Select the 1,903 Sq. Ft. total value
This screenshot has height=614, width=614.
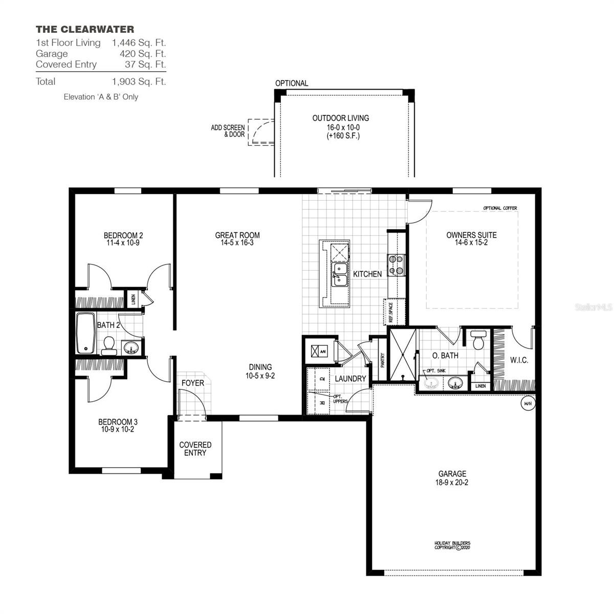tap(139, 81)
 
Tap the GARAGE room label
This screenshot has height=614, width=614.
tap(452, 474)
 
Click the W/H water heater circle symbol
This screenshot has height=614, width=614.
tap(527, 403)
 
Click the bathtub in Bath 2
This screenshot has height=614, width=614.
tap(85, 334)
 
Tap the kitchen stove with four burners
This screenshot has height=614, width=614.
tap(397, 265)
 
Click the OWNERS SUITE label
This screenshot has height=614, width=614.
tap(471, 235)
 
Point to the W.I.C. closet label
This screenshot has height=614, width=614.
tap(519, 360)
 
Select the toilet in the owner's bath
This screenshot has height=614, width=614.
tap(479, 340)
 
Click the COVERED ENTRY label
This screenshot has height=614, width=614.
tap(195, 449)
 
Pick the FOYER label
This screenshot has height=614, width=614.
tap(193, 383)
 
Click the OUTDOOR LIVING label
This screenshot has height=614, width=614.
tap(340, 118)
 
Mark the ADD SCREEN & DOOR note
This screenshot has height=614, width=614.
tap(228, 131)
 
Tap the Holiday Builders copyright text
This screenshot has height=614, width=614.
tap(452, 545)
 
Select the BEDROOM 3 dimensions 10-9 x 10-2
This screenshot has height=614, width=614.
tap(118, 430)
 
